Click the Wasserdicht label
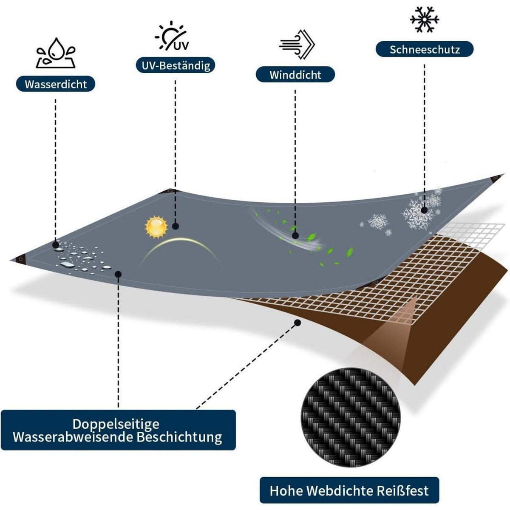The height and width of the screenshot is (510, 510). [56, 84]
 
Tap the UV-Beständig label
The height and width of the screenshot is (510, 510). [176, 65]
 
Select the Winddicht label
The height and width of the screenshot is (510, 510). [295, 75]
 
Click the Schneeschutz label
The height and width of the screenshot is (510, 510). [425, 49]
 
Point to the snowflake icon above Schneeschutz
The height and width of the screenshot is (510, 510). [425, 20]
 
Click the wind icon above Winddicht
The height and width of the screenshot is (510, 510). [297, 45]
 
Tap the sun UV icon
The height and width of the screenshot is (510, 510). [172, 36]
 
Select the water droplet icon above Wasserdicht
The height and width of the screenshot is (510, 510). [56, 53]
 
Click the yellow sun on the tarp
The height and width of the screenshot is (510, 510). [156, 227]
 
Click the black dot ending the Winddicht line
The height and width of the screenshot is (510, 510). [296, 235]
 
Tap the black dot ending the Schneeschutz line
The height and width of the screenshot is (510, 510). [424, 210]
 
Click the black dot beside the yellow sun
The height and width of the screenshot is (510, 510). [176, 226]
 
